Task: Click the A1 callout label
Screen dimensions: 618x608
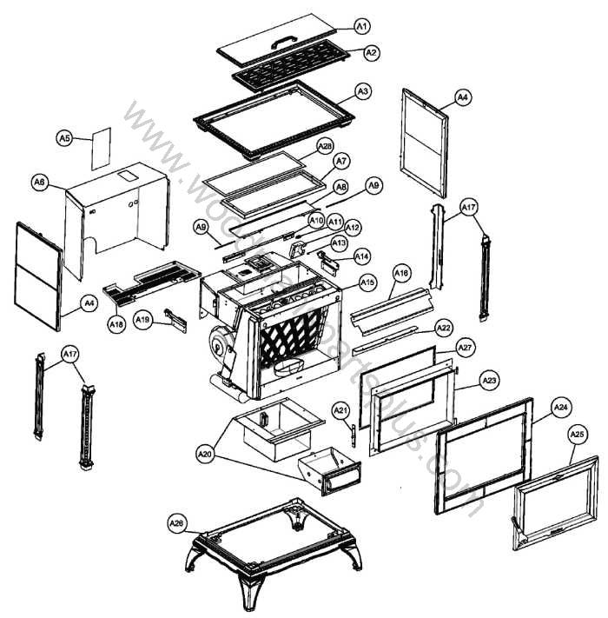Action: pos(363,27)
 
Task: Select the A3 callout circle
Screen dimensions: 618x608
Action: pos(363,90)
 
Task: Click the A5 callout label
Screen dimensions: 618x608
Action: pos(64,137)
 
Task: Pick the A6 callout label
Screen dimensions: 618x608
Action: pos(39,182)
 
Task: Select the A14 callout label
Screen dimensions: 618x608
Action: pos(361,256)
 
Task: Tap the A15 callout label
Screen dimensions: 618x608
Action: pos(367,282)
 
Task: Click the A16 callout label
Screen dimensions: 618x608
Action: pos(401,273)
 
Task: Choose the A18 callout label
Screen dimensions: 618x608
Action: pos(116,323)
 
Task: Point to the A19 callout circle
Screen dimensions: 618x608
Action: pos(143,320)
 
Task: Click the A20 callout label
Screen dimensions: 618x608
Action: pos(205,453)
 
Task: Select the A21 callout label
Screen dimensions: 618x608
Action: pos(341,409)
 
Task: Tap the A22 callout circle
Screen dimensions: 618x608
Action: pos(444,328)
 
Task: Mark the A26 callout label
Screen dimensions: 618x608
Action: pos(177,523)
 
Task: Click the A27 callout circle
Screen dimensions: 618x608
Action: pos(466,347)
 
